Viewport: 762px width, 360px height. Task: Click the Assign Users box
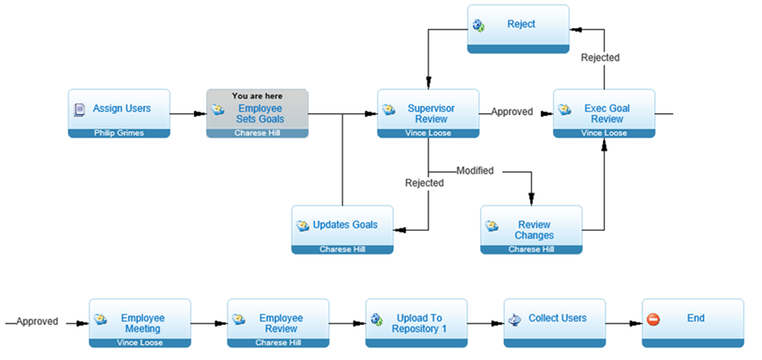click(x=119, y=113)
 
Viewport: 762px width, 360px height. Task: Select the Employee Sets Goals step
click(x=257, y=113)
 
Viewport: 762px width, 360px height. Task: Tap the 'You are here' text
click(x=257, y=97)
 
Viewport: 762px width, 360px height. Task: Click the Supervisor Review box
click(x=428, y=113)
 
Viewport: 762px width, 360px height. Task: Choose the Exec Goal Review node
click(x=604, y=113)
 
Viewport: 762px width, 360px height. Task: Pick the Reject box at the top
click(x=518, y=29)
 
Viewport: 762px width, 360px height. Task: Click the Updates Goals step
click(x=342, y=230)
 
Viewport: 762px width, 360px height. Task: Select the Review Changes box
click(x=531, y=230)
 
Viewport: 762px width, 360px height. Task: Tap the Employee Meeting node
click(x=140, y=323)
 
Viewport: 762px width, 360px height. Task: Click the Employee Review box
click(x=278, y=323)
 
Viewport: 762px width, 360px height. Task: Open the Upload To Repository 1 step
click(x=416, y=323)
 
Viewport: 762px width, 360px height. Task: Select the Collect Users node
click(x=555, y=323)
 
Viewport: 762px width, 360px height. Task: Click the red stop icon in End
click(x=654, y=320)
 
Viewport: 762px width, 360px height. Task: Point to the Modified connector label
click(x=475, y=171)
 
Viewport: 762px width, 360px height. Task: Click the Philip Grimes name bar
click(x=119, y=133)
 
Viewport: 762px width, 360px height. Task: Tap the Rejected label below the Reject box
click(x=600, y=58)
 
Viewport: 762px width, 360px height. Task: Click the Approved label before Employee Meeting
click(x=37, y=321)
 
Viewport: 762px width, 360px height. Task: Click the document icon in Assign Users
click(x=79, y=110)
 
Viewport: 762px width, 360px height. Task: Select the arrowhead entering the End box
click(x=635, y=323)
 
